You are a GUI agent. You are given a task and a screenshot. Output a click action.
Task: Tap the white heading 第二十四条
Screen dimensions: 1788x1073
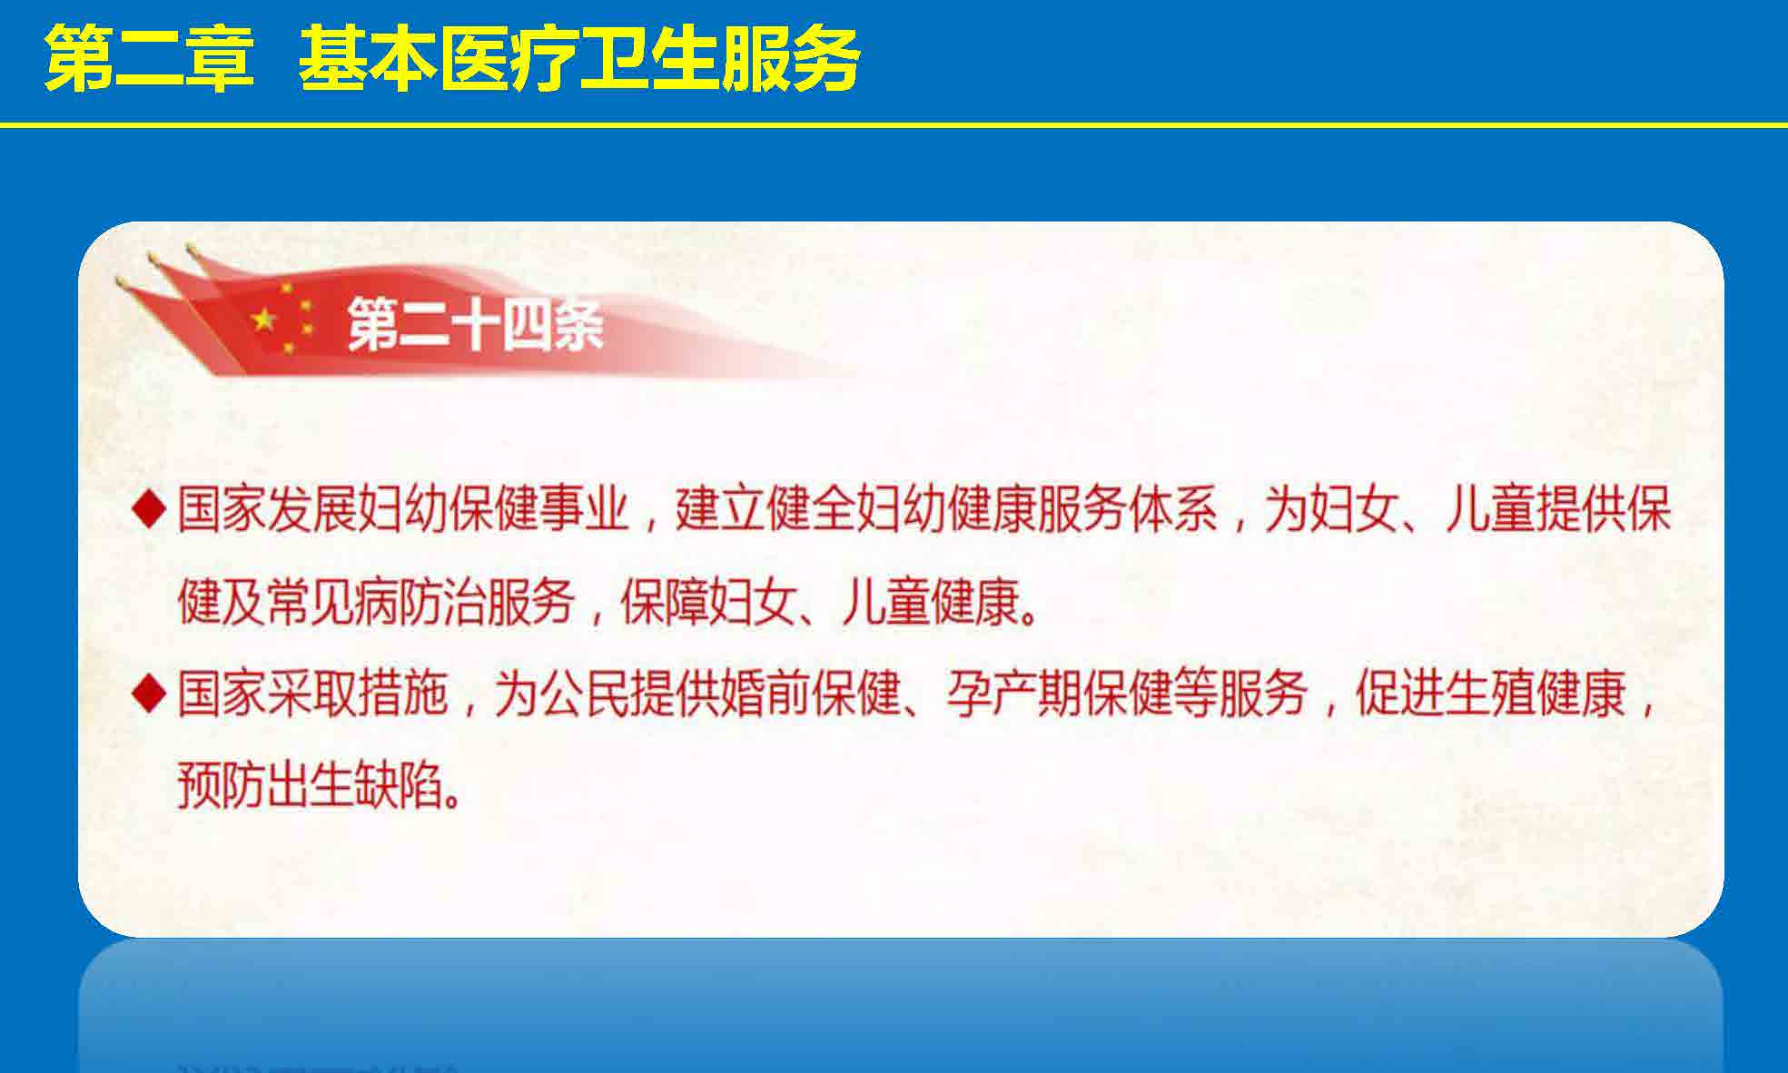(475, 324)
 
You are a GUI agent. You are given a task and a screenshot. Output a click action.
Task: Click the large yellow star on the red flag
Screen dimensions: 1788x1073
(264, 319)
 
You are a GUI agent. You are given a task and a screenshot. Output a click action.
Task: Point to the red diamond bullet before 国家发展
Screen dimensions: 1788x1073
(149, 509)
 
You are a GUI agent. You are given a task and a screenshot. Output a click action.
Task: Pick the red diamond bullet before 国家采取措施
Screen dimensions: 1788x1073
(149, 694)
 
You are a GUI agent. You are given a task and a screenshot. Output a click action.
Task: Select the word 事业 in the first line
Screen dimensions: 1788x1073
(585, 509)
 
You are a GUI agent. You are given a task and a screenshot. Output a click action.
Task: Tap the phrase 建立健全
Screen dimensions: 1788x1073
(766, 509)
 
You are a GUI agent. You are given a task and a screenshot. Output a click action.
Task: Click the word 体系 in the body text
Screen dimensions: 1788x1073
(1173, 509)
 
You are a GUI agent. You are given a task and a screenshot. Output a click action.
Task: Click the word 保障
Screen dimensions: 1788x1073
(664, 602)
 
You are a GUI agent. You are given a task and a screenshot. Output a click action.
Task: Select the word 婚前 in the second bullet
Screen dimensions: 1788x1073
(766, 694)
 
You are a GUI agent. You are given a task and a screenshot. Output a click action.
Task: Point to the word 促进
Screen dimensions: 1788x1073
(1399, 694)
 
